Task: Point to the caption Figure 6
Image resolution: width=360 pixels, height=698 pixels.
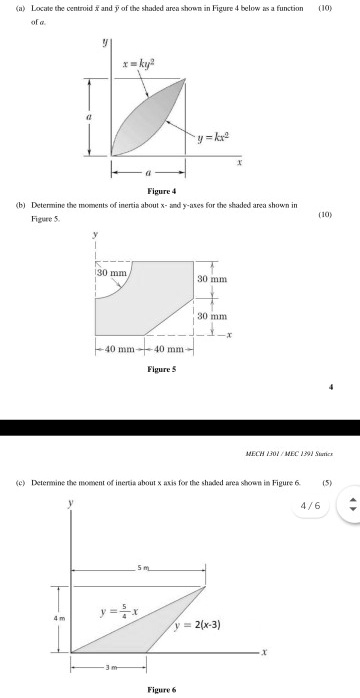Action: pos(160,689)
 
